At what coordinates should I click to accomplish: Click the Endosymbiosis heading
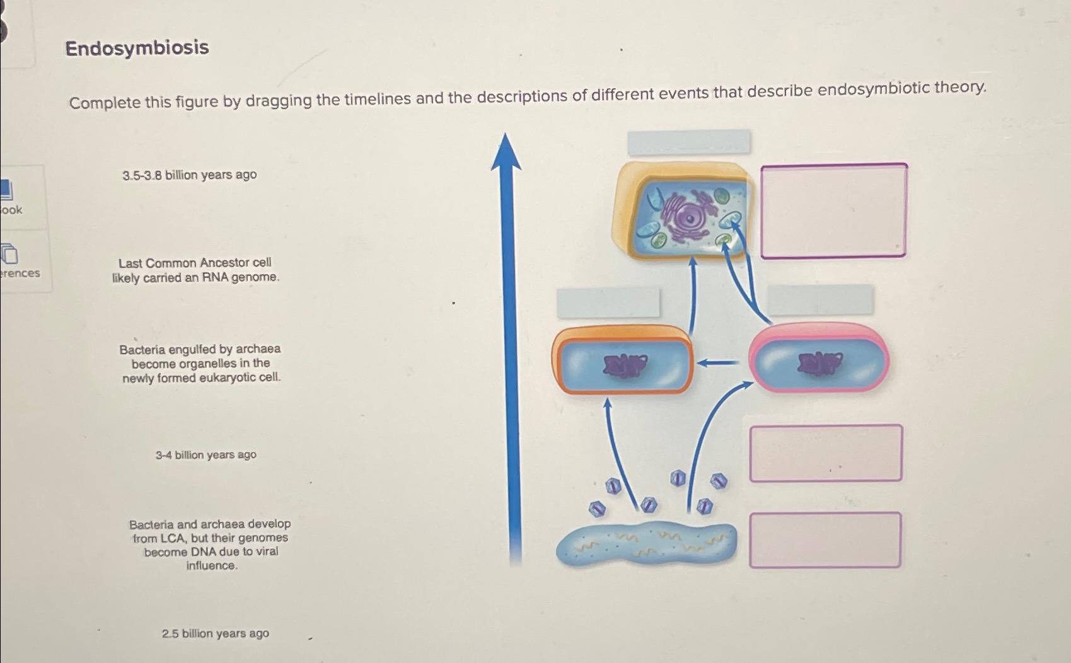point(137,48)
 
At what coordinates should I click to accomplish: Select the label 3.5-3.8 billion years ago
point(189,175)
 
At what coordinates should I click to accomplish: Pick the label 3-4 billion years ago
point(206,455)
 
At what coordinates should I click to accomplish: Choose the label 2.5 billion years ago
point(215,633)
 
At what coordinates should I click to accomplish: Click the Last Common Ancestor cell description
point(195,270)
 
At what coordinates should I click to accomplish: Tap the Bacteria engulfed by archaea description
point(200,364)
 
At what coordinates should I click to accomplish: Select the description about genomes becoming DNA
point(211,545)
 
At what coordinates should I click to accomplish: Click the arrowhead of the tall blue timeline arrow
point(506,151)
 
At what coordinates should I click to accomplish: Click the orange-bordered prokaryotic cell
point(622,360)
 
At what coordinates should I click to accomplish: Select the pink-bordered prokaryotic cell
point(819,359)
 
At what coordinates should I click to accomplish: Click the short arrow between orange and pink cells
point(718,362)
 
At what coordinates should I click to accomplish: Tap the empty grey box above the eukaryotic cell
point(688,142)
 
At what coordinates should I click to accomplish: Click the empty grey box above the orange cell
point(608,303)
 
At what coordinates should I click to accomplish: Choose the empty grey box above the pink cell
point(820,300)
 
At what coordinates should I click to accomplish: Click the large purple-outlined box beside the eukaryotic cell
point(833,211)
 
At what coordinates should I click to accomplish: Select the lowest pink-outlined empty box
point(825,540)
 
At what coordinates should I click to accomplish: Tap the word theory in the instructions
point(960,88)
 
